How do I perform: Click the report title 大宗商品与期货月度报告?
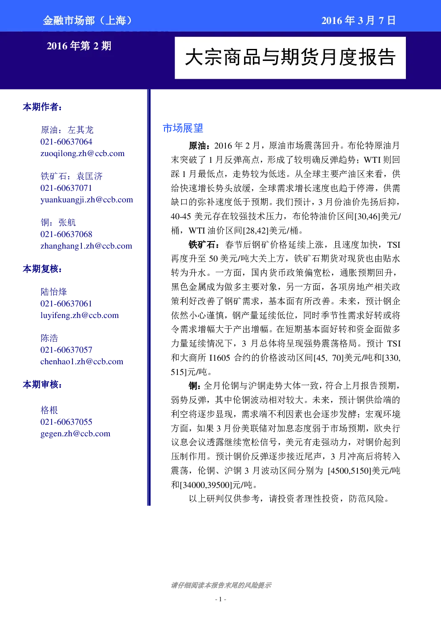(x=290, y=58)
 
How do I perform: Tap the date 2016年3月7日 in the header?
(x=359, y=20)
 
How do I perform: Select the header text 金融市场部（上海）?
(x=88, y=20)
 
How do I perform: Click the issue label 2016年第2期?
(x=79, y=46)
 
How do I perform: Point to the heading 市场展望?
(x=183, y=128)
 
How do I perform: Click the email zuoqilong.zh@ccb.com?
(x=82, y=153)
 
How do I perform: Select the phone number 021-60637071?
(x=66, y=188)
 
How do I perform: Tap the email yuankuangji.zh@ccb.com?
(x=87, y=200)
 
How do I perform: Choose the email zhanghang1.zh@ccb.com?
(x=86, y=246)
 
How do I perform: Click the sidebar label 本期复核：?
(x=42, y=269)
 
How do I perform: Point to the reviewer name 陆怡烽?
(x=54, y=292)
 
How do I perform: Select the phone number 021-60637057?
(x=66, y=350)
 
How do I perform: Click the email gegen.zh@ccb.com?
(x=76, y=434)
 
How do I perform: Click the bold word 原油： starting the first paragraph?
(x=200, y=146)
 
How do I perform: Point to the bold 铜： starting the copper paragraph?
(x=195, y=386)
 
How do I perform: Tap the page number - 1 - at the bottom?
(x=220, y=599)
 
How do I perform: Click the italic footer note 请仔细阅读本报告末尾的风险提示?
(x=221, y=585)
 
